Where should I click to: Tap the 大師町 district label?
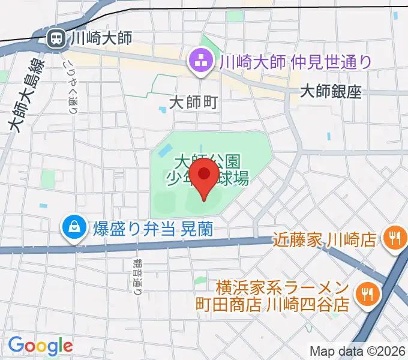coord(193,102)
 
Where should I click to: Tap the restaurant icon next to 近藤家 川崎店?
coord(394,239)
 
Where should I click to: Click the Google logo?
coord(40,346)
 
